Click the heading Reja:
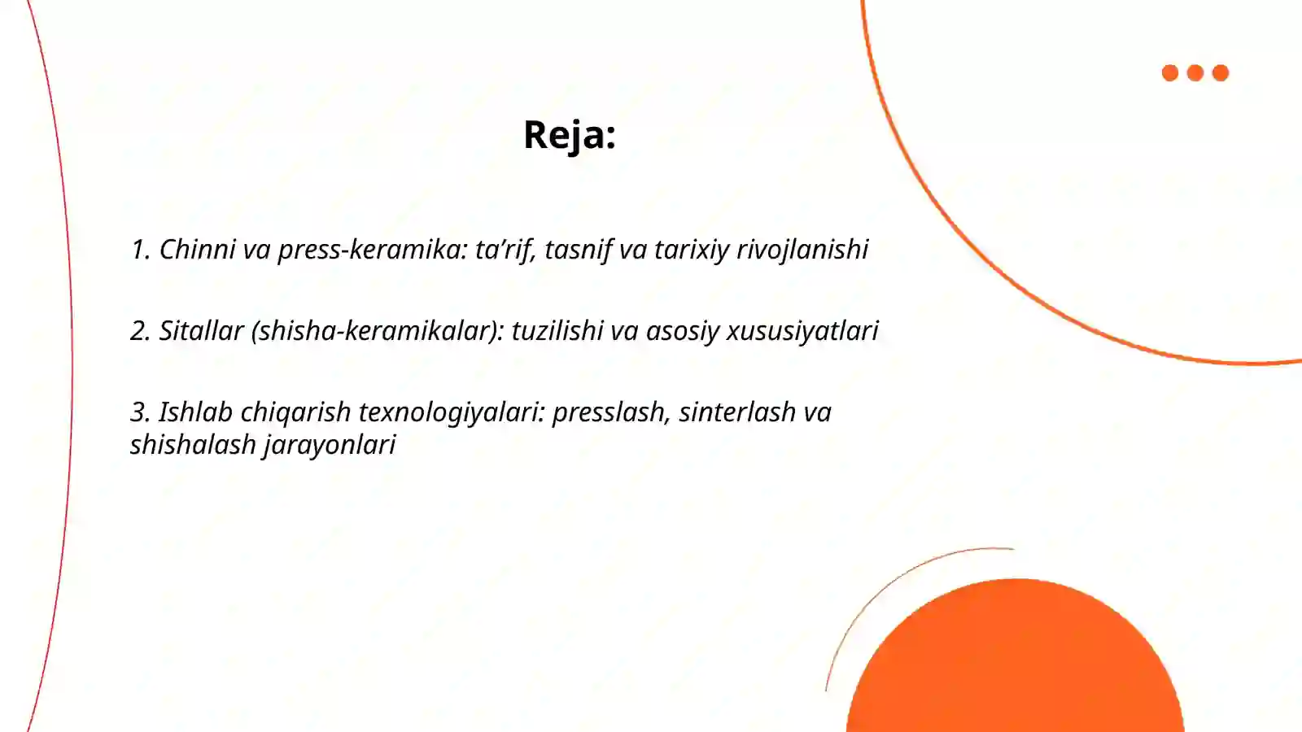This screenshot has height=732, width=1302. [569, 135]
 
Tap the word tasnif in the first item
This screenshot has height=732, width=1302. [578, 249]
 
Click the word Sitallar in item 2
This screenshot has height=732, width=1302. [201, 330]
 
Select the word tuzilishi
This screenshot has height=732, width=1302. [557, 330]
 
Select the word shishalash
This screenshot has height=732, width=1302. [193, 444]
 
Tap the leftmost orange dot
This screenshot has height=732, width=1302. [1170, 73]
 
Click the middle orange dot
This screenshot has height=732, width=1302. [1195, 73]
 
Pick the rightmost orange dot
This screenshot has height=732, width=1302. [1221, 73]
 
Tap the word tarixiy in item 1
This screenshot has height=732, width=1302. [692, 249]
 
